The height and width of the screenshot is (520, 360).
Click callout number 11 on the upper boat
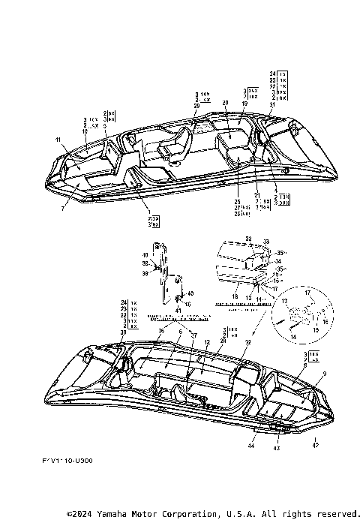pyautogui.click(x=57, y=140)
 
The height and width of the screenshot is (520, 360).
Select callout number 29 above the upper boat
pyautogui.click(x=196, y=107)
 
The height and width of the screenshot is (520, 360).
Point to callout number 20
pyautogui.click(x=226, y=102)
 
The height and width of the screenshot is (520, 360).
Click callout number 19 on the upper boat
pyautogui.click(x=244, y=104)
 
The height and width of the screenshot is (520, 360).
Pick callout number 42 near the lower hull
pyautogui.click(x=315, y=445)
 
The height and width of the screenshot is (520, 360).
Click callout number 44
pyautogui.click(x=251, y=446)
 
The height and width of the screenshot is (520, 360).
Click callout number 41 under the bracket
pyautogui.click(x=178, y=310)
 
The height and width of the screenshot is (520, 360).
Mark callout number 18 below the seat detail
pyautogui.click(x=235, y=297)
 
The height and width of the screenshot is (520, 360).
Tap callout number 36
pyautogui.click(x=160, y=331)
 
